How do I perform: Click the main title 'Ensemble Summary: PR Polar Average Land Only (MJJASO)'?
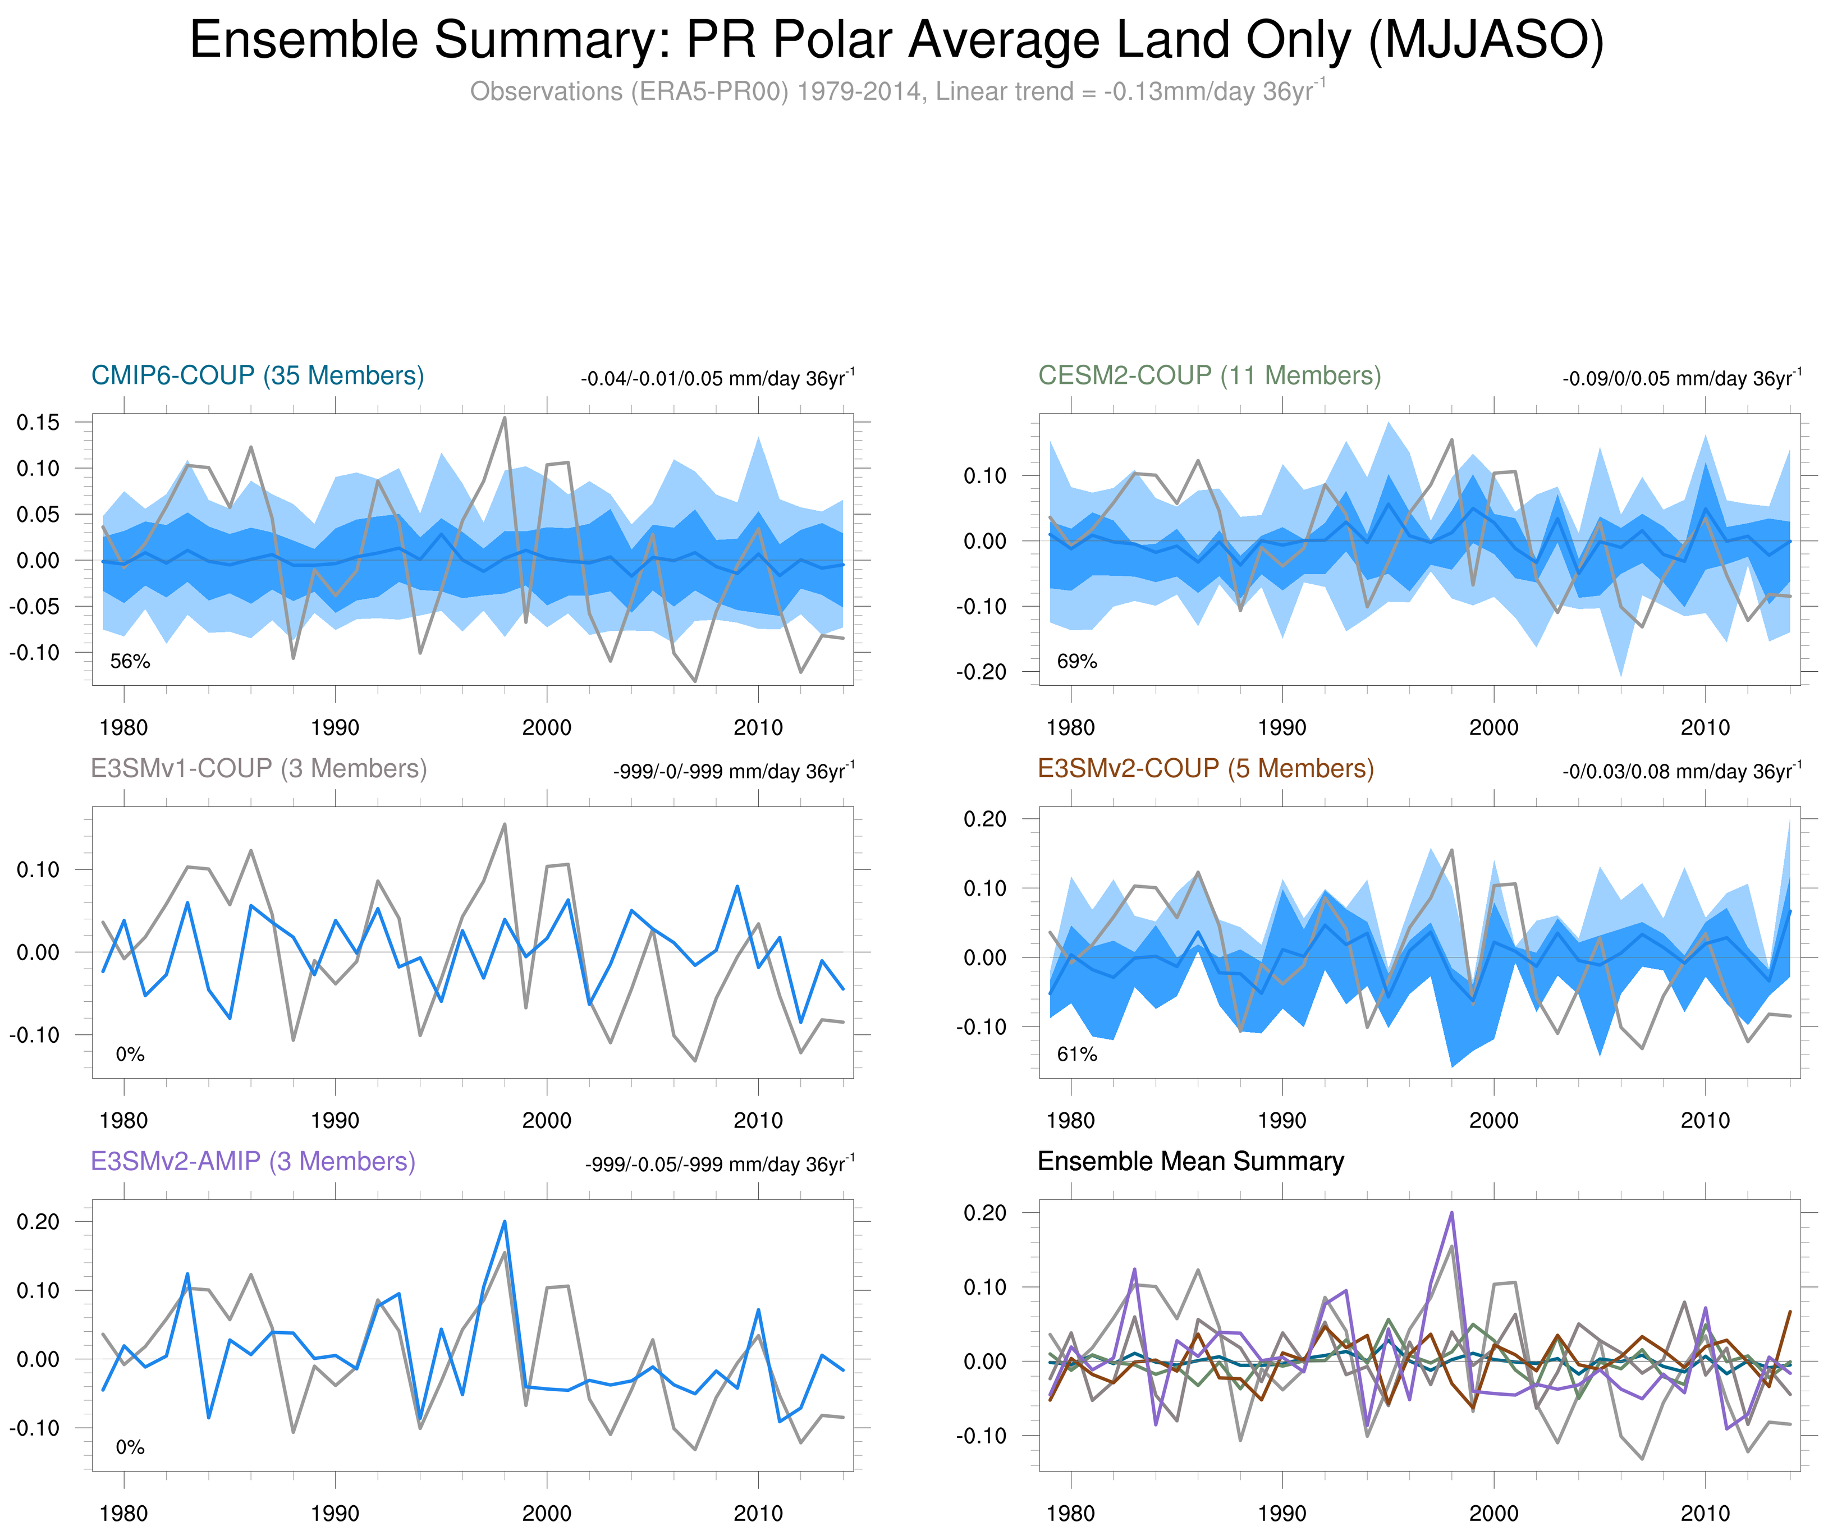896,41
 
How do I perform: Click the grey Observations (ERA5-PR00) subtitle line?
896,91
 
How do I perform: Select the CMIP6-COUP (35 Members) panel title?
258,375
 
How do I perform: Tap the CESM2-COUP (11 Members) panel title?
1209,375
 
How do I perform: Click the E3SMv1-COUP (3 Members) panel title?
258,768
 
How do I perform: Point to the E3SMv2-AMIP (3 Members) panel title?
253,1161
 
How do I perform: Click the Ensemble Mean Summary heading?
1191,1161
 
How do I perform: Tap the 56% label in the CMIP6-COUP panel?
130,662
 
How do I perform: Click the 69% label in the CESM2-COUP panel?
1076,662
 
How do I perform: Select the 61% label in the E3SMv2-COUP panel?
1076,1055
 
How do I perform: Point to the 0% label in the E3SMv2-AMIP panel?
130,1447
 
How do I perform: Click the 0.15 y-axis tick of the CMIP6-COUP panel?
38,423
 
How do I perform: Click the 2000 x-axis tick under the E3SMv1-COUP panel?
547,1120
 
